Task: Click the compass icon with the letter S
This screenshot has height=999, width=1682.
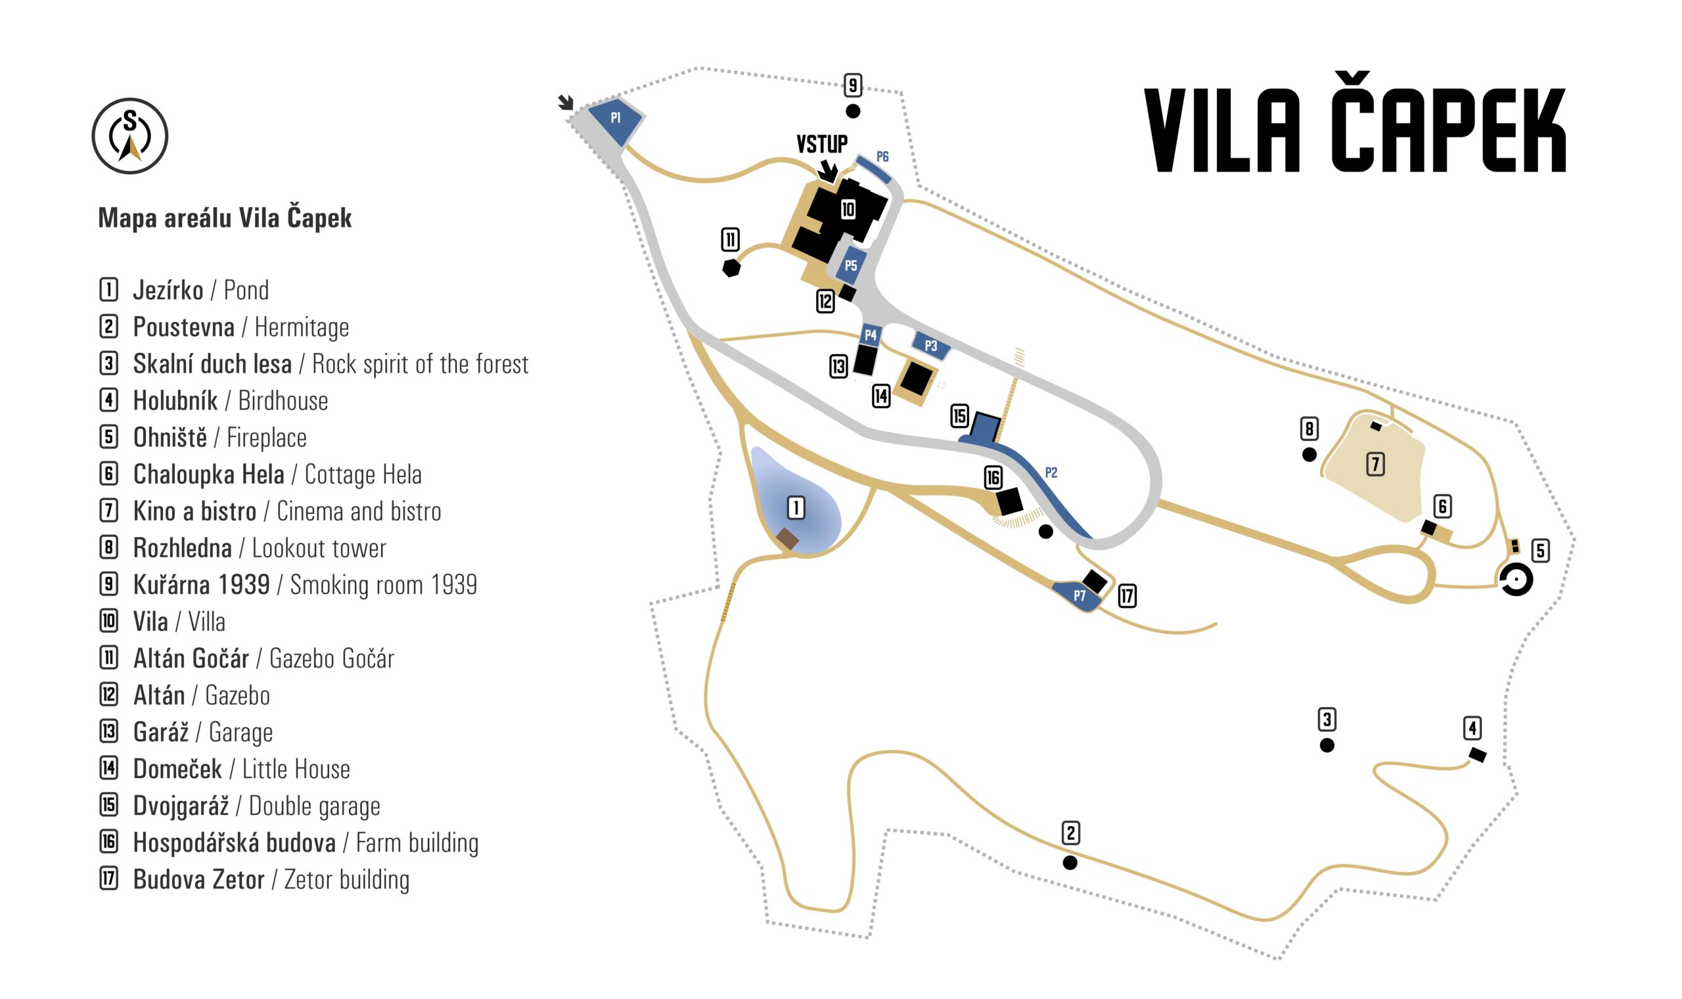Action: coord(130,136)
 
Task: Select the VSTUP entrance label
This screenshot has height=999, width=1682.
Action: coord(821,144)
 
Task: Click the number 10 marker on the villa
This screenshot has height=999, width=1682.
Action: coord(848,210)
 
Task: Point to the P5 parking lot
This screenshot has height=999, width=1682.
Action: coord(850,267)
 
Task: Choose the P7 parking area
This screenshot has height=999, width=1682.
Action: coord(1078,595)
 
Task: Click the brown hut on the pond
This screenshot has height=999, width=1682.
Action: coord(787,538)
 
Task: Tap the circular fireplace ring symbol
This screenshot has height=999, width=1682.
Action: coord(1516,580)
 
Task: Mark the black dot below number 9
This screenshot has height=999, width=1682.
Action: coord(852,111)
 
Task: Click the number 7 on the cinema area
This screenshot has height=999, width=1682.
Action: coord(1375,464)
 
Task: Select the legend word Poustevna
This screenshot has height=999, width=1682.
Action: coord(184,327)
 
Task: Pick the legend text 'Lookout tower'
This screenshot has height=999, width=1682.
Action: coord(319,548)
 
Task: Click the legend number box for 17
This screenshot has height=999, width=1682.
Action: coord(109,879)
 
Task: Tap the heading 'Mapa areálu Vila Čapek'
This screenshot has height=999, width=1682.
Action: coord(225,218)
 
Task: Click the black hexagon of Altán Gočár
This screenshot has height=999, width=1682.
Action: coord(731,268)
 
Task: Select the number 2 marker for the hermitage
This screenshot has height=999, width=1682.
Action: coord(1070,833)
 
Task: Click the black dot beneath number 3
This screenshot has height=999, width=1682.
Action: coord(1327,745)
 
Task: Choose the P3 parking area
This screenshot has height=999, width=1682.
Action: coord(930,345)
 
